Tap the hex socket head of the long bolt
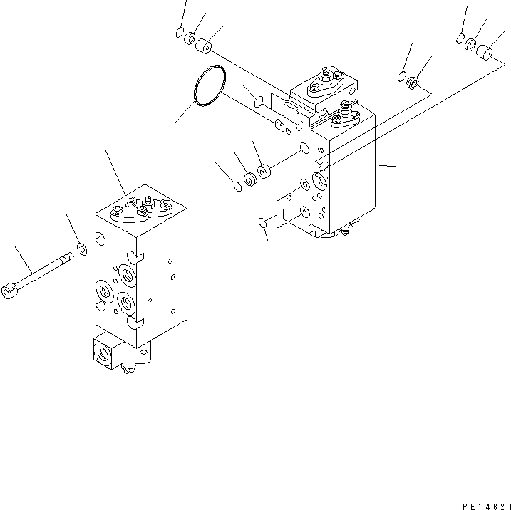(9, 291)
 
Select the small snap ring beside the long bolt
(83, 249)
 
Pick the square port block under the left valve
(106, 350)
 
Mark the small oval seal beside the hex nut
(401, 76)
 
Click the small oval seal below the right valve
(263, 224)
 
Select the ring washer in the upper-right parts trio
(472, 45)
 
